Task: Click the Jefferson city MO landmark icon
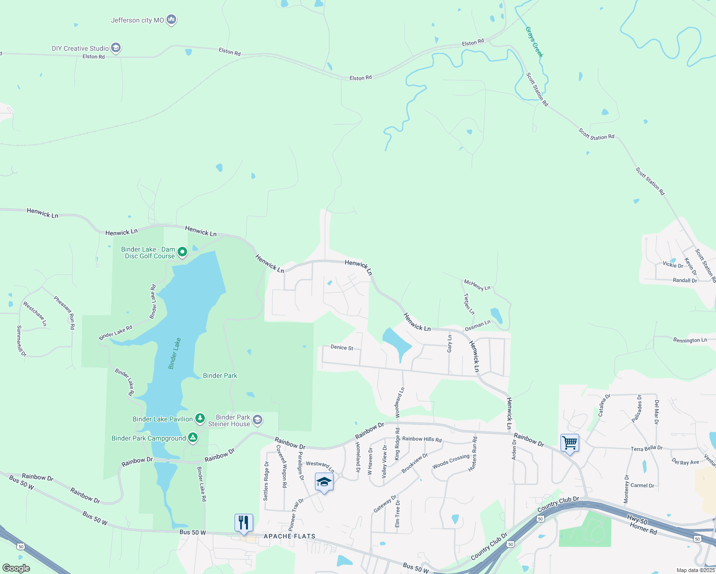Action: (x=171, y=20)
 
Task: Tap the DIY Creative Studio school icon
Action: (x=115, y=48)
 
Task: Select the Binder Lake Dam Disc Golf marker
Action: (x=182, y=252)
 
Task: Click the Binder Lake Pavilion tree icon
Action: (x=200, y=419)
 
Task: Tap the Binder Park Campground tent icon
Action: (x=192, y=438)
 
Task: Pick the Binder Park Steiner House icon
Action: (x=257, y=420)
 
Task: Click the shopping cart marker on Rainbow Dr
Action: (x=570, y=443)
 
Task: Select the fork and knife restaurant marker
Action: (x=244, y=523)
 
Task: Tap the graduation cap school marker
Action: (x=324, y=482)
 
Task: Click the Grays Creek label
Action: (x=534, y=42)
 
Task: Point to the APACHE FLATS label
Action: (x=290, y=536)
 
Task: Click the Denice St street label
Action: (x=342, y=347)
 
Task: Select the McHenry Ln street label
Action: (x=477, y=286)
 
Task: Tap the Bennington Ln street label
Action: (x=690, y=340)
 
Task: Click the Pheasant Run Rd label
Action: (x=64, y=313)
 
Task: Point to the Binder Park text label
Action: (x=220, y=375)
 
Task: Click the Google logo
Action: (x=16, y=568)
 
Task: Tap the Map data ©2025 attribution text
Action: (x=695, y=570)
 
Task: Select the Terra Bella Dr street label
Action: (x=646, y=448)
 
